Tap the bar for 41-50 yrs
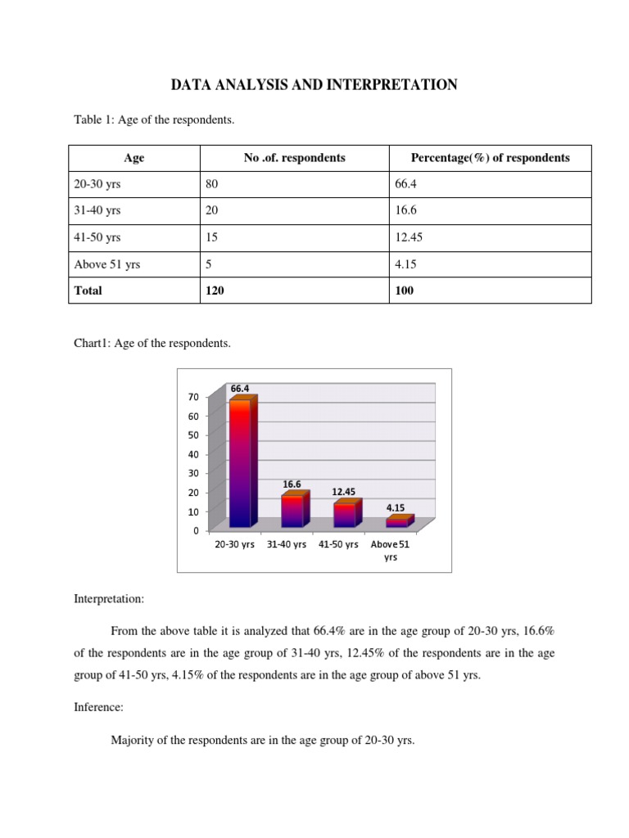(x=345, y=515)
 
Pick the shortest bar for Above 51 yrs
(x=398, y=522)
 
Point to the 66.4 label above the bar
(x=240, y=388)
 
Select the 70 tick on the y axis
(x=193, y=397)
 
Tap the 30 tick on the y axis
(x=193, y=473)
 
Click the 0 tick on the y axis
(x=196, y=530)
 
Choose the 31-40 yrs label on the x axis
(x=287, y=544)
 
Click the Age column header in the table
(x=133, y=158)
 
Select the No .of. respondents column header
(x=294, y=158)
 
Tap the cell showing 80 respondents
(x=212, y=185)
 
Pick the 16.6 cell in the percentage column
(x=405, y=211)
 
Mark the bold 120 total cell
(x=214, y=291)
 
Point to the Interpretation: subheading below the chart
(x=109, y=599)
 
